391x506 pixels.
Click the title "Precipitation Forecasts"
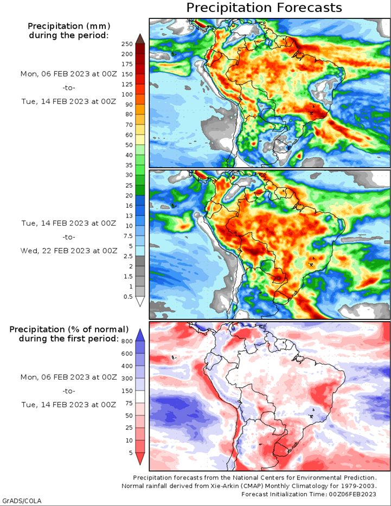[x=264, y=8]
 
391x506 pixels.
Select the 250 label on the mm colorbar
[x=127, y=44]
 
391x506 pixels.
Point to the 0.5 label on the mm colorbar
[x=128, y=297]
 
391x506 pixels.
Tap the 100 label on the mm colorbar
[x=127, y=94]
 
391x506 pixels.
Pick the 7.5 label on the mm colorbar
[x=128, y=236]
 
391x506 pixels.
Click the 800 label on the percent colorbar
[x=127, y=341]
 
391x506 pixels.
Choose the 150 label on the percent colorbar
[x=127, y=391]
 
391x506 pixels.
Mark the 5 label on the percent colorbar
[x=131, y=453]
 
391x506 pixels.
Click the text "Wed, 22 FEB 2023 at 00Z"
[x=69, y=251]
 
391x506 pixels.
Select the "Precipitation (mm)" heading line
[x=69, y=26]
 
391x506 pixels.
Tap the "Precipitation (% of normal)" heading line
[x=69, y=330]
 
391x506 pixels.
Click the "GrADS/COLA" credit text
[x=21, y=501]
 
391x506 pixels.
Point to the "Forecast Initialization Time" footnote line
[x=309, y=494]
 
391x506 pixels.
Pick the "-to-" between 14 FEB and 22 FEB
[x=69, y=237]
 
